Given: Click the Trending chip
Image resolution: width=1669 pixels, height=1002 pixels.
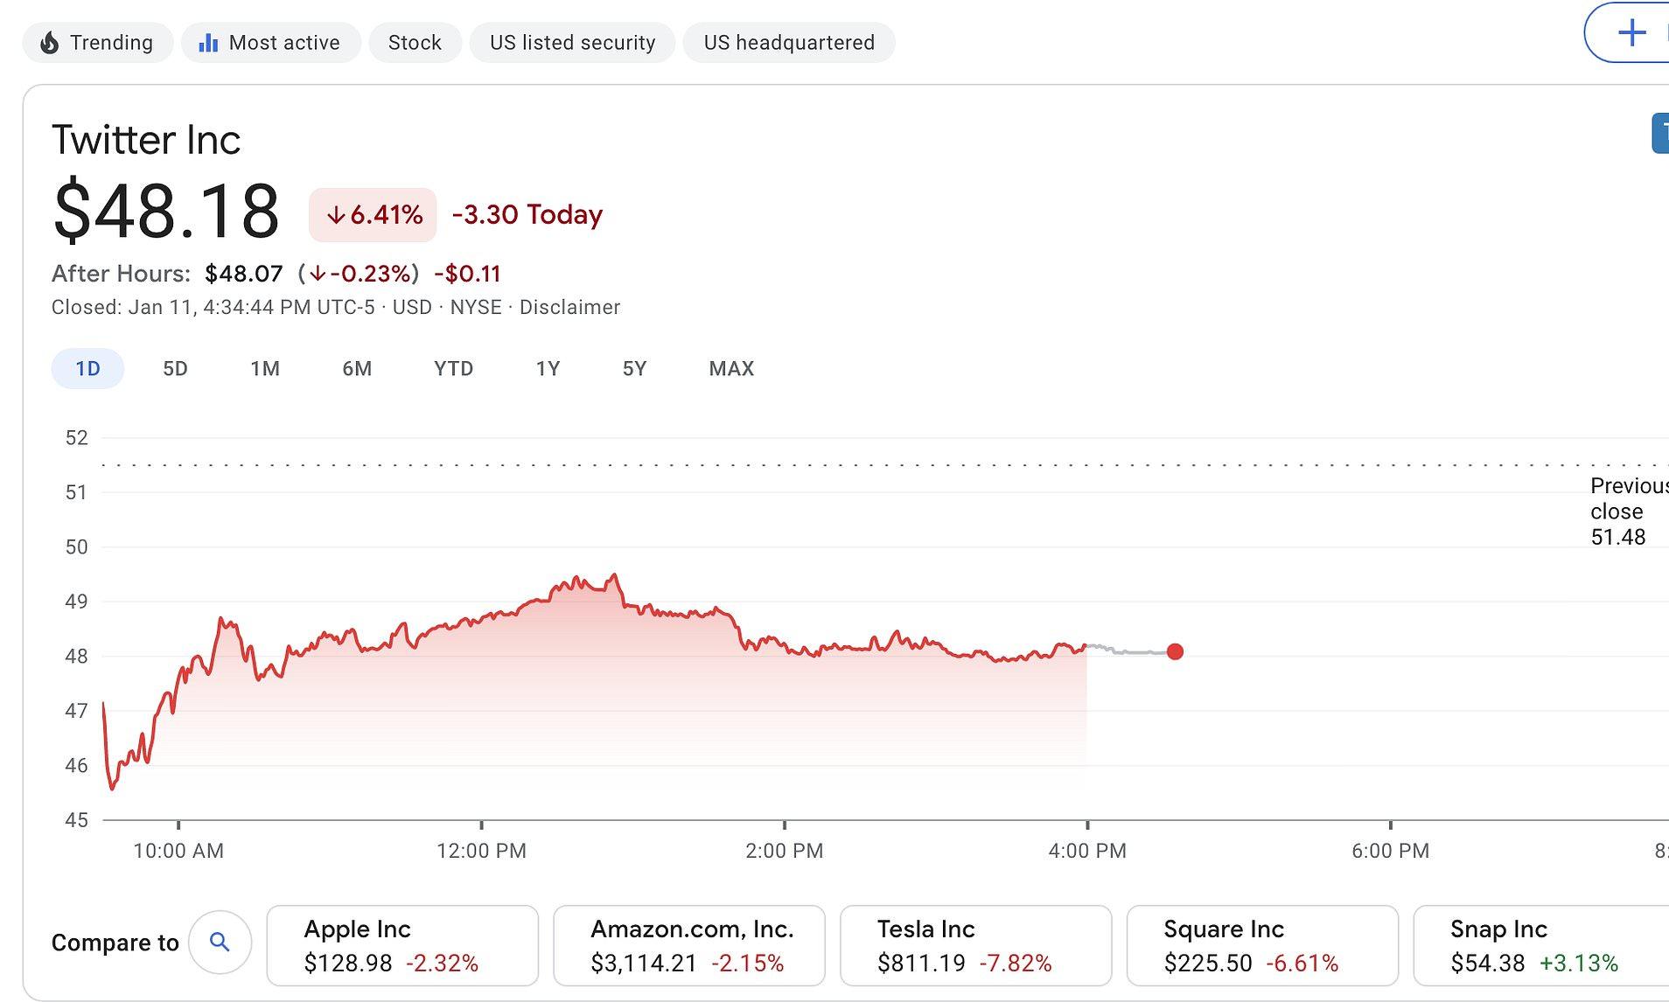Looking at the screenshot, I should tap(97, 43).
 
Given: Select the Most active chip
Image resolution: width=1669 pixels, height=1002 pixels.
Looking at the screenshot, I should tap(270, 43).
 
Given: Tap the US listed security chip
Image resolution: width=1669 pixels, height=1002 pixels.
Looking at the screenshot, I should tap(572, 43).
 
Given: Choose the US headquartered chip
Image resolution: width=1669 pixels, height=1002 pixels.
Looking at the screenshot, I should tap(788, 43).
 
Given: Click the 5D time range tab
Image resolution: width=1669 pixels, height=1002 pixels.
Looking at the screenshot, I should tap(175, 369).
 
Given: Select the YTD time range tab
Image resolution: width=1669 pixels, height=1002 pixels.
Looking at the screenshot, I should tap(453, 369).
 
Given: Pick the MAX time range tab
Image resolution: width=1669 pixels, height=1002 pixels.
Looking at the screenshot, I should tap(731, 369).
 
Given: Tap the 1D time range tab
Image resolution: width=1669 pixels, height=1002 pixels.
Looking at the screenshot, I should tap(87, 369).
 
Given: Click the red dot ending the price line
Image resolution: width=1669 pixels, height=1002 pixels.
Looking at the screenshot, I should tap(1175, 651).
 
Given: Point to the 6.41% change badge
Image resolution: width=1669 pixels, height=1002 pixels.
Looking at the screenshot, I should tap(373, 215).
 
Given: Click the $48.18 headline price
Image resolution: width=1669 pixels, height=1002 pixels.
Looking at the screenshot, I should tap(166, 211).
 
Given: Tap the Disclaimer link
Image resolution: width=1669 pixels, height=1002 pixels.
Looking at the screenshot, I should tap(569, 308).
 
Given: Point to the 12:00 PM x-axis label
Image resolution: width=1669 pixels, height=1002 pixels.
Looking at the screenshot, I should tap(481, 851).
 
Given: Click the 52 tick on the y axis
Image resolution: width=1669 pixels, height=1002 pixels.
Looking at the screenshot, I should tap(77, 438).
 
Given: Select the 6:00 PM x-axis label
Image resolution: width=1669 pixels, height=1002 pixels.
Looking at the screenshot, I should tap(1390, 851).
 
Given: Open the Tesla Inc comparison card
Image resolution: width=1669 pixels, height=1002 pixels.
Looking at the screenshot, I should tap(975, 945).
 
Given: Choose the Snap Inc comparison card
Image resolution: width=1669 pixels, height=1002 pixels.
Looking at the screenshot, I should tap(1540, 945).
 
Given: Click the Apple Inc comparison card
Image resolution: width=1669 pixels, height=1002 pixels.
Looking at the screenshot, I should tap(402, 945).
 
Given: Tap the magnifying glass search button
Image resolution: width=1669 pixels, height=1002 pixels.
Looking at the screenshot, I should tap(220, 942).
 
